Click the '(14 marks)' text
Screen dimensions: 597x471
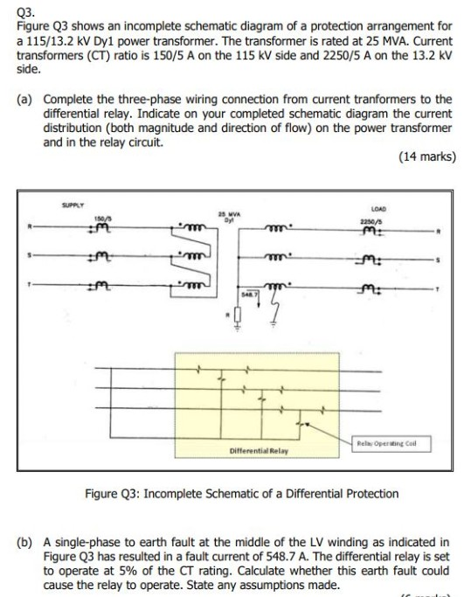pyautogui.click(x=424, y=157)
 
